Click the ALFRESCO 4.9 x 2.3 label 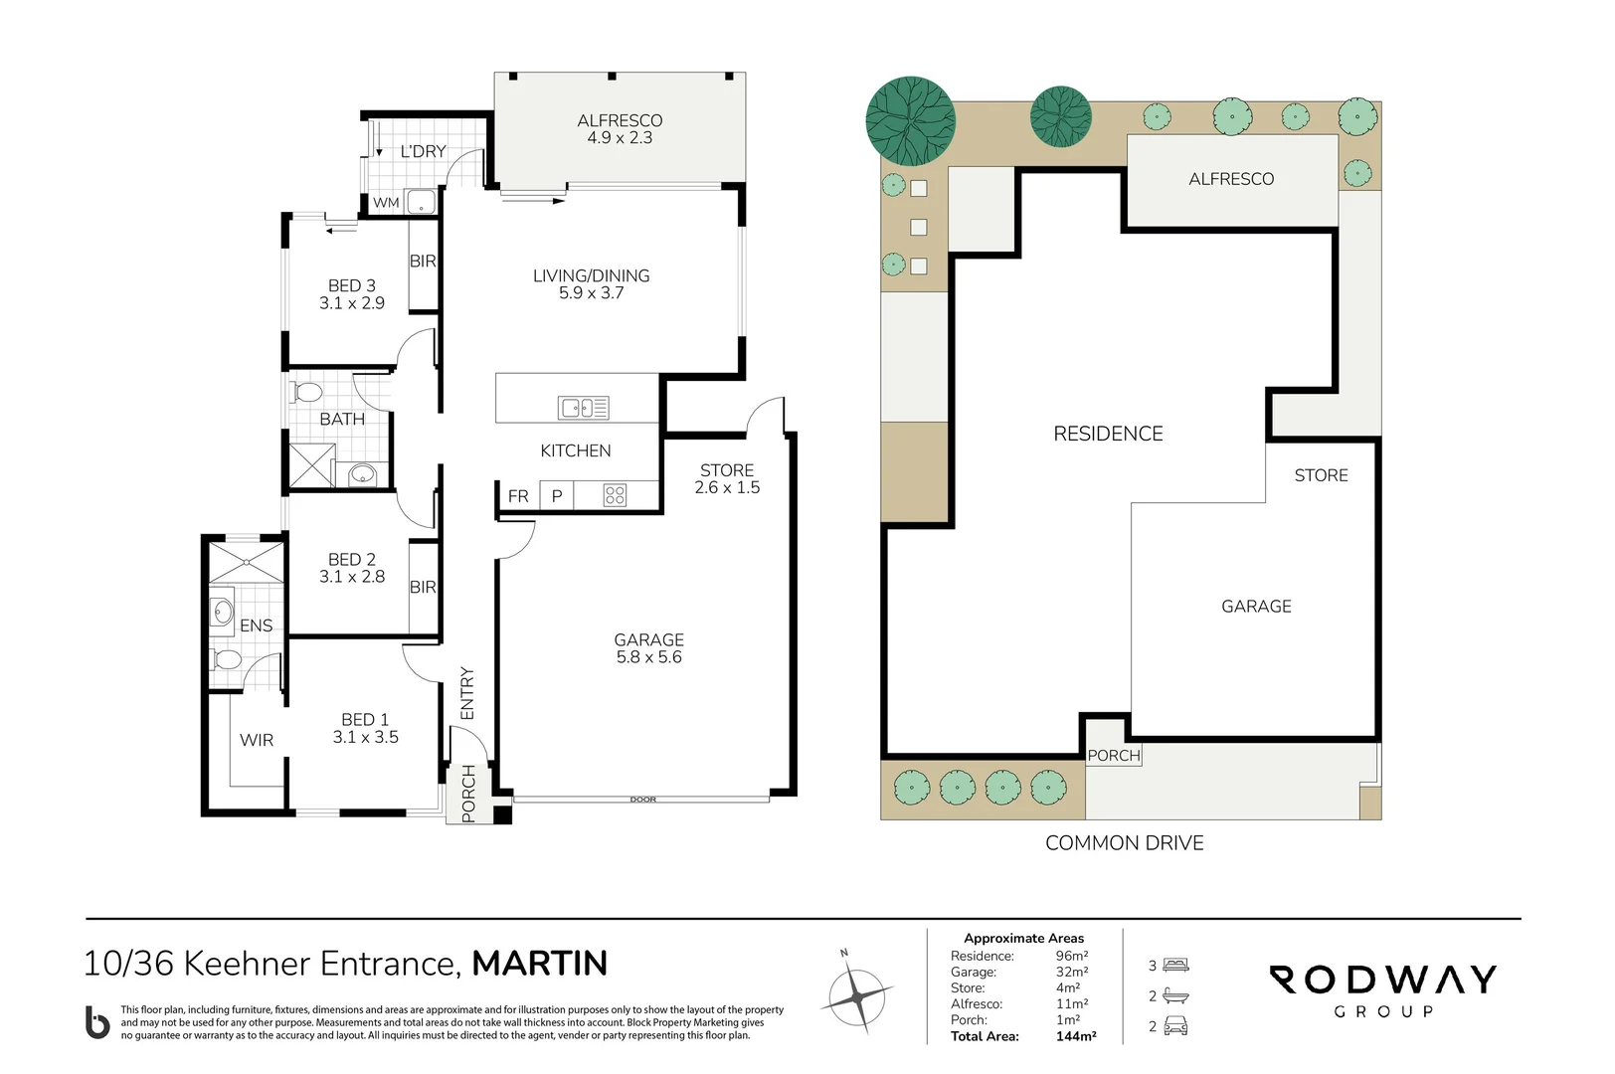[620, 129]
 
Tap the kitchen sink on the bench [584, 408]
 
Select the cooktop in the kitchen [615, 495]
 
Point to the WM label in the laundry [386, 203]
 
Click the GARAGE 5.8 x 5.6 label [648, 648]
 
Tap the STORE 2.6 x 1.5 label [727, 478]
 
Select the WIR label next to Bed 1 [257, 740]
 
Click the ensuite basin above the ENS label [222, 612]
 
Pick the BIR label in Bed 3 [423, 261]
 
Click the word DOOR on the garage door [642, 800]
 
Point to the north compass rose [857, 997]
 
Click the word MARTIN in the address [540, 964]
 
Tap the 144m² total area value [1076, 1036]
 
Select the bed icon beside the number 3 [1175, 966]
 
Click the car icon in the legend [1175, 1026]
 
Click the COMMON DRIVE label [1124, 843]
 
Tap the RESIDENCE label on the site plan [1108, 434]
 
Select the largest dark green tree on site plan [911, 121]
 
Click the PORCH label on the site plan [1114, 756]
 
